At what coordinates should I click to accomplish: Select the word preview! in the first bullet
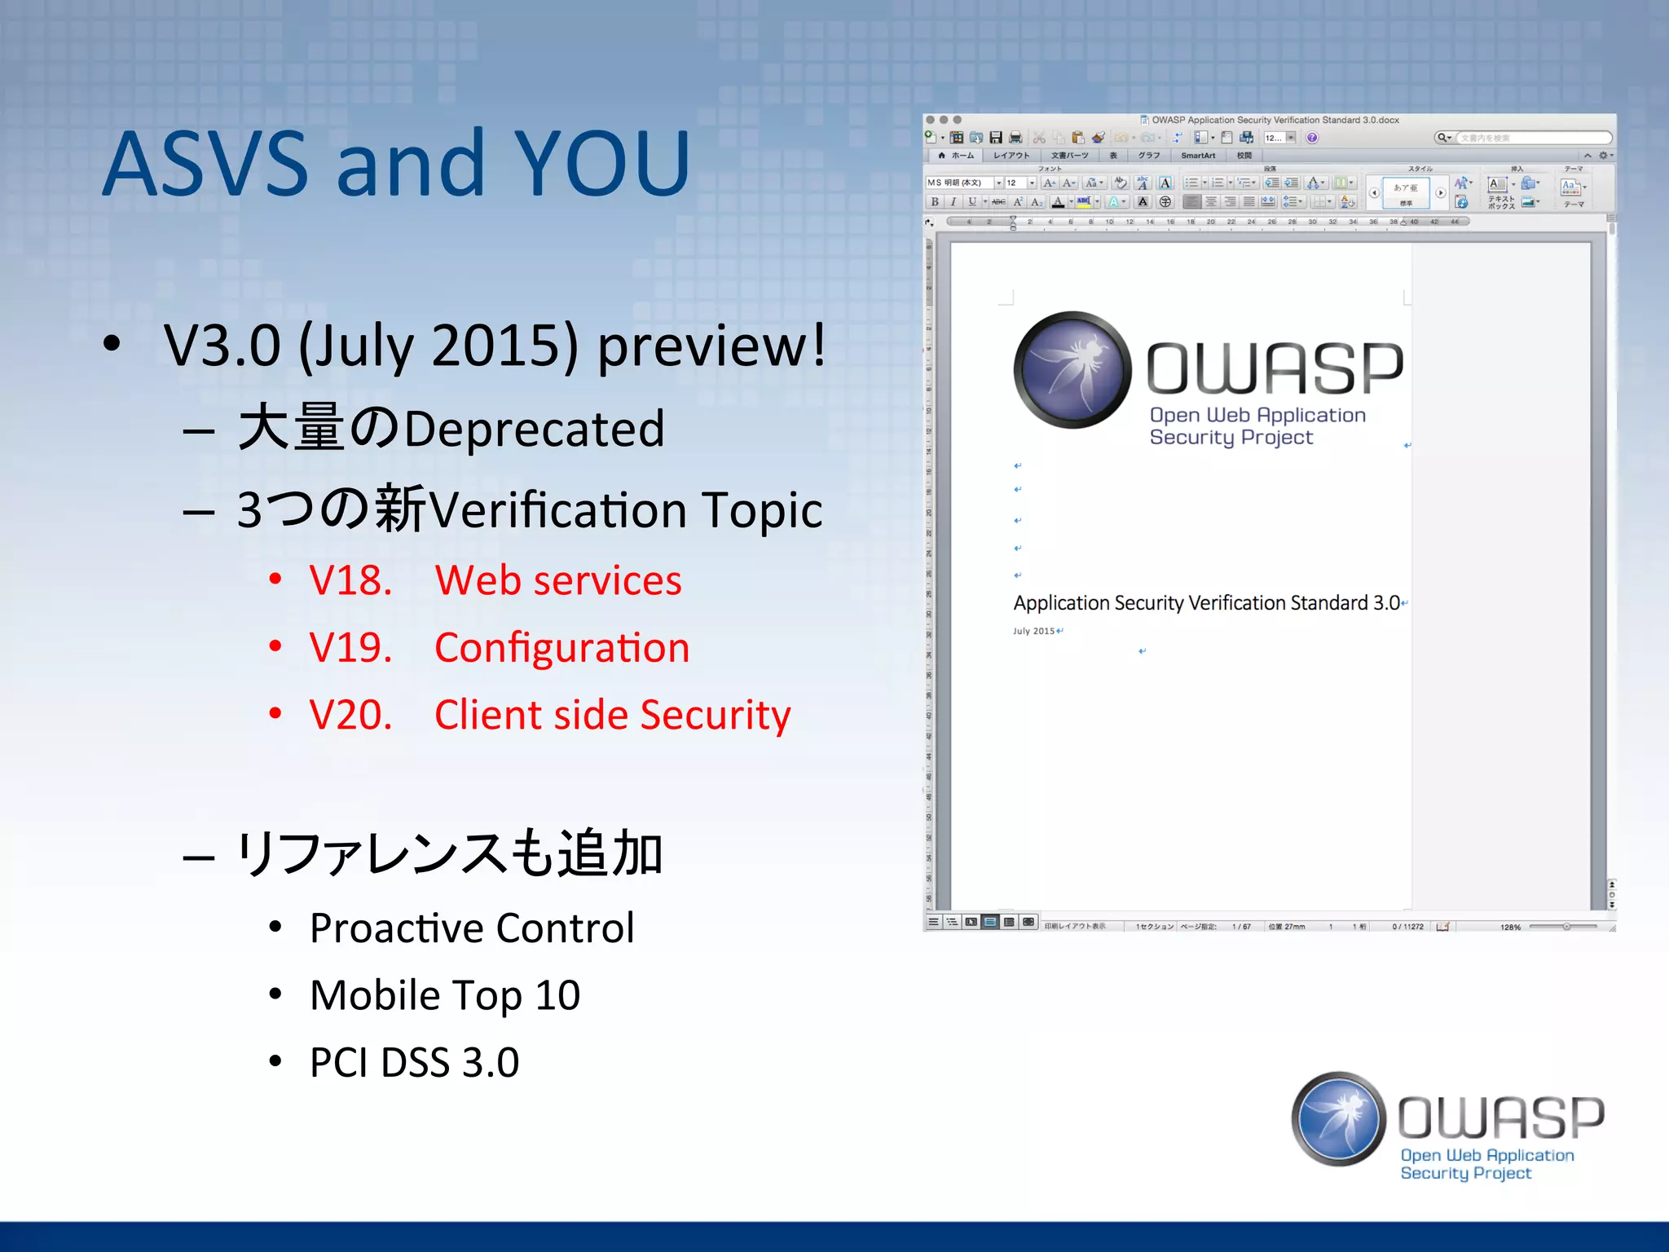(711, 346)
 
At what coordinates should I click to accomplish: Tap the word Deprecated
(534, 430)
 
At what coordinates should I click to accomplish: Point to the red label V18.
(350, 580)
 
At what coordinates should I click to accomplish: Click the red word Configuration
(561, 648)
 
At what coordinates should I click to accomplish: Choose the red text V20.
(350, 715)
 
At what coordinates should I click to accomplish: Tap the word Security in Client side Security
(715, 715)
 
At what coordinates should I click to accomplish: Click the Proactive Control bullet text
(471, 928)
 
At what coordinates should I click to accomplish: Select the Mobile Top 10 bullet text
(445, 995)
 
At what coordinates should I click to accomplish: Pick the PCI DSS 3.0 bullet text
(414, 1063)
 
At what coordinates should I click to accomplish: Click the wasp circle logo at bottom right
(1338, 1119)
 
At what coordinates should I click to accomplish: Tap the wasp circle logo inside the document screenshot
(1072, 369)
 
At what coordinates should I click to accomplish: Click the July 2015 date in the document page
(1033, 631)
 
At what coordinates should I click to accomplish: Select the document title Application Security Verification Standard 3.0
(1206, 603)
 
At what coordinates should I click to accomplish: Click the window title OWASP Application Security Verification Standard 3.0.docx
(1275, 120)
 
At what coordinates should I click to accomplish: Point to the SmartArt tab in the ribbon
(1197, 156)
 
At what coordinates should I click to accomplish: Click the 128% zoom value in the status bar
(1510, 927)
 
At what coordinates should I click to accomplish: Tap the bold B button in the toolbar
(935, 201)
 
